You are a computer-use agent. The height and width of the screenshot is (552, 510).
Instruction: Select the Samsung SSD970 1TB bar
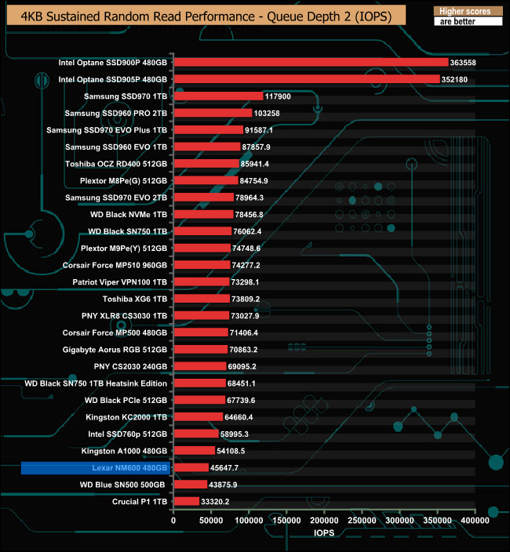click(218, 96)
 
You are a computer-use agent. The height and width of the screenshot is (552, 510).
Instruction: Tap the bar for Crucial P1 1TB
click(186, 501)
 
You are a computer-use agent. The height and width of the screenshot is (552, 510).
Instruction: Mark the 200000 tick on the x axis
click(324, 520)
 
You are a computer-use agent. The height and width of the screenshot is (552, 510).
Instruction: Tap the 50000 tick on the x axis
click(211, 520)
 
